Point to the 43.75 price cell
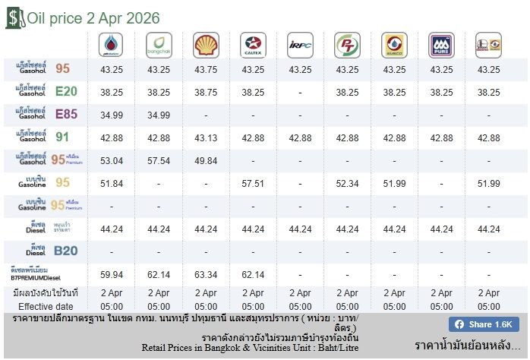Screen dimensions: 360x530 206,69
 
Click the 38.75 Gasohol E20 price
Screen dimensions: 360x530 206,92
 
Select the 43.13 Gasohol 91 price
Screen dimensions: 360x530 206,137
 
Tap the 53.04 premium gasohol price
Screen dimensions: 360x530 112,160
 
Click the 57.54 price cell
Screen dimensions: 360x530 159,160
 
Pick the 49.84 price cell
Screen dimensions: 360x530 206,160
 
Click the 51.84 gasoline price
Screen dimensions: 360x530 112,183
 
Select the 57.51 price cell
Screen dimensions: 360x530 253,183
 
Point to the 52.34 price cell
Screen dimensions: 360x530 347,183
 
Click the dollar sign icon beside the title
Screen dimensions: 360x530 14,17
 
